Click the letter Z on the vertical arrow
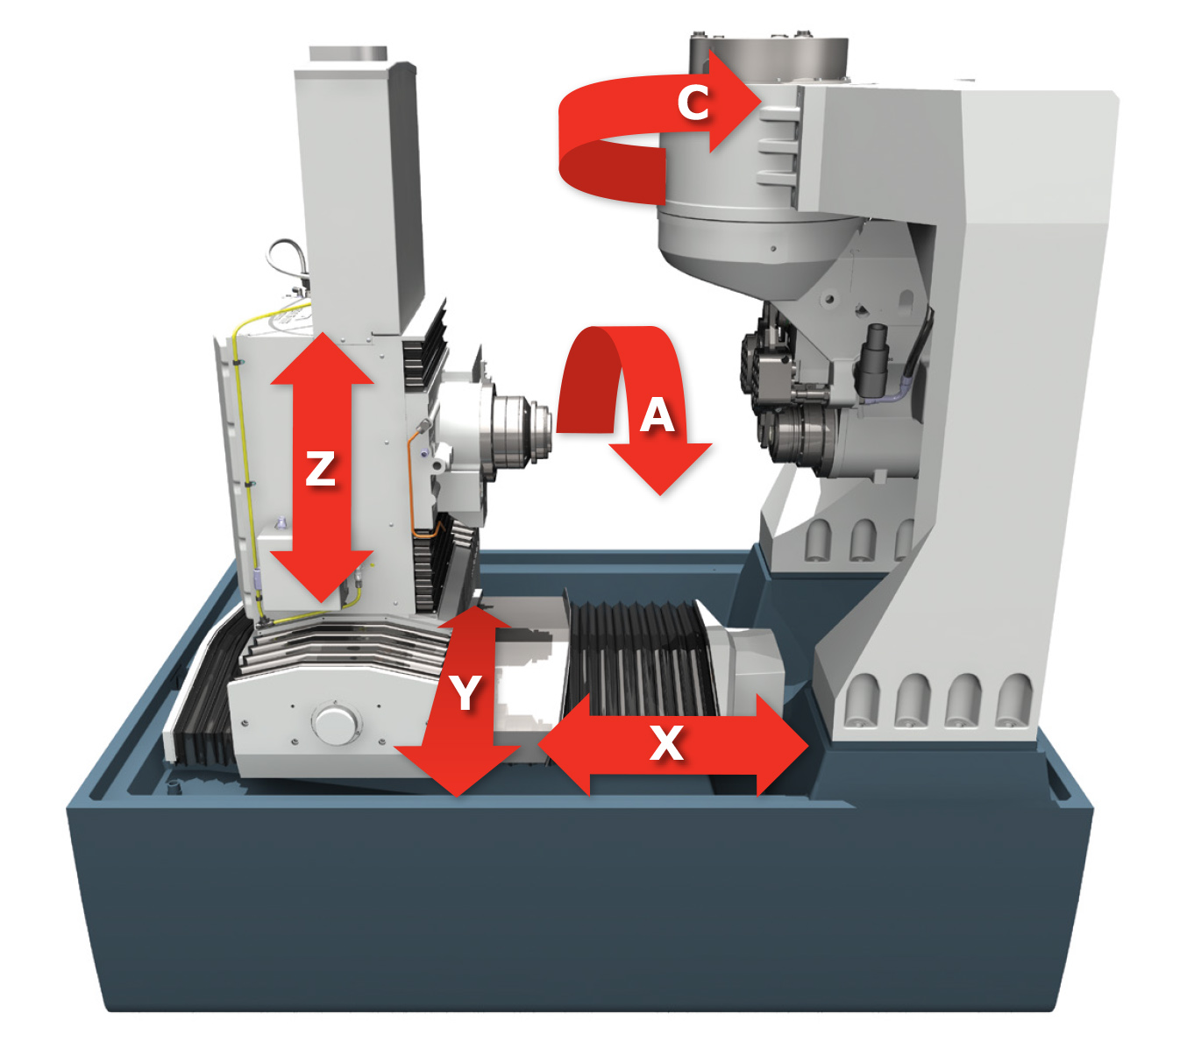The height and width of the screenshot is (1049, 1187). pos(320,468)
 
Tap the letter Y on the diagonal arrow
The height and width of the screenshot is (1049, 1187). pos(466,691)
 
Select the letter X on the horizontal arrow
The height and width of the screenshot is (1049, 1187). pos(667,742)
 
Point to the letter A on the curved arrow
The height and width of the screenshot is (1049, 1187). pos(657,415)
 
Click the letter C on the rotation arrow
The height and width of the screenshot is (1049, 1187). pos(693,103)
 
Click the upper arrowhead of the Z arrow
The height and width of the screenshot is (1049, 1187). pos(322,358)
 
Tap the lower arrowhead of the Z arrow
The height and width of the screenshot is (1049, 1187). pos(322,576)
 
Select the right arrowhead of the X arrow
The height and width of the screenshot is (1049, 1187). pos(782,745)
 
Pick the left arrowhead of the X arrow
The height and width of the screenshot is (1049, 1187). pos(564,745)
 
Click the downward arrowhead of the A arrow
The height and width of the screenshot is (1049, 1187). pos(660,468)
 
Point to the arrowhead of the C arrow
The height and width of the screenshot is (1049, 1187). pos(736,102)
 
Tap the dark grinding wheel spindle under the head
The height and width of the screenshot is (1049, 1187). pos(803,439)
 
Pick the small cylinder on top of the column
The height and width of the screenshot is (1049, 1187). pos(348,53)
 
